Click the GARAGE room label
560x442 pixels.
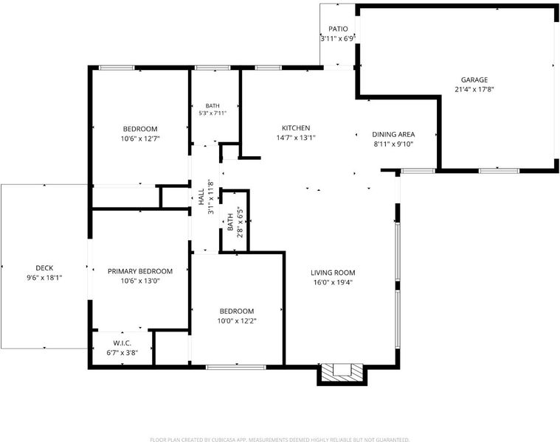click(x=474, y=80)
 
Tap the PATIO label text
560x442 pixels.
click(x=338, y=29)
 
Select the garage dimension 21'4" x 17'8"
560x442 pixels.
click(x=474, y=89)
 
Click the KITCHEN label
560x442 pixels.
click(x=296, y=128)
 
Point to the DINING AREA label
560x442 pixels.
click(x=393, y=134)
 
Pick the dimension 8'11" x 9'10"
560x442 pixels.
click(x=393, y=144)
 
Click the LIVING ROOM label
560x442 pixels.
click(x=333, y=273)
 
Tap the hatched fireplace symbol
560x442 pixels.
click(x=342, y=373)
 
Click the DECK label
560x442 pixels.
click(x=44, y=268)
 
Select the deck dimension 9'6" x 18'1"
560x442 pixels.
click(x=44, y=278)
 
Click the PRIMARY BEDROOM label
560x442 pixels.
click(x=140, y=271)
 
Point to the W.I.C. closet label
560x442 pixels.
click(x=122, y=343)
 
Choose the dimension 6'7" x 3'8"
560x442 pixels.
click(x=122, y=353)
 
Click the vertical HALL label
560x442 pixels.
click(x=201, y=197)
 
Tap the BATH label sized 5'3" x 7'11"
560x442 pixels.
click(x=212, y=106)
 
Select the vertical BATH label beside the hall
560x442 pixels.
click(x=230, y=222)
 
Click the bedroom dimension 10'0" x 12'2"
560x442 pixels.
click(x=237, y=320)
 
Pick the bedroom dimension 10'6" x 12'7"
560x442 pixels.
click(x=140, y=138)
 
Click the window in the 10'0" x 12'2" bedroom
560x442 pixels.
click(x=236, y=367)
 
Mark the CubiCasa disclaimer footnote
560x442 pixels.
click(x=280, y=440)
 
